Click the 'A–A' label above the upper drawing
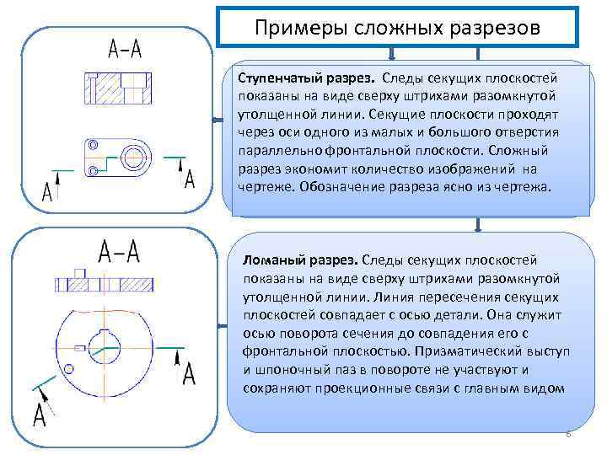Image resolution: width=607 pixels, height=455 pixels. tap(124, 49)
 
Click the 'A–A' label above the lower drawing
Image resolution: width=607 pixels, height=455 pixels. tap(119, 250)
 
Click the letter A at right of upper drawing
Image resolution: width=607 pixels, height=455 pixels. tap(189, 178)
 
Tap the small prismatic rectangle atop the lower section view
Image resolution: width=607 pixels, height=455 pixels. tap(81, 272)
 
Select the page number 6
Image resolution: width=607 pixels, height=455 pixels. tap(567, 434)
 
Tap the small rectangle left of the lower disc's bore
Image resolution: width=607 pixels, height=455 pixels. tap(81, 347)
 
